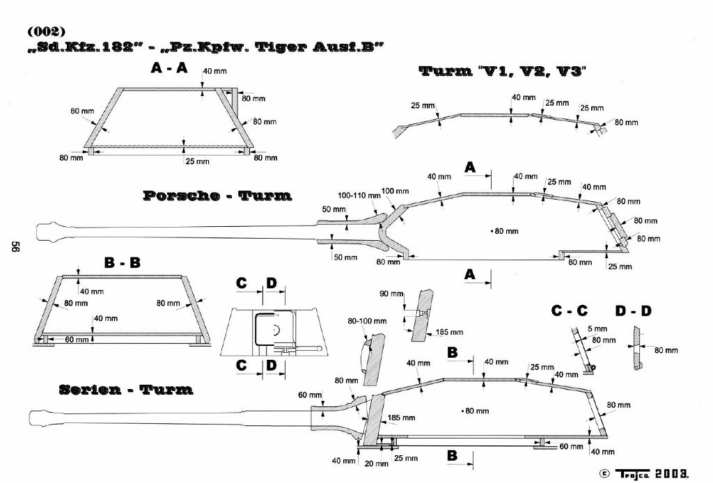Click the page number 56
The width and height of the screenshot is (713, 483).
13,248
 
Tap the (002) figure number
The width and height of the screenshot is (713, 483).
47,31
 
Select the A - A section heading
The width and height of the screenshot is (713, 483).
169,68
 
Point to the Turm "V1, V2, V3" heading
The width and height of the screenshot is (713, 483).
502,71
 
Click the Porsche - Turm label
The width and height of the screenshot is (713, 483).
217,196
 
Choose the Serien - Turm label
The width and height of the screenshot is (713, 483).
126,389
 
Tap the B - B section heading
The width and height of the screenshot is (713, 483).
122,263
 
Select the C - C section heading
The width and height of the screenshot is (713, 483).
570,311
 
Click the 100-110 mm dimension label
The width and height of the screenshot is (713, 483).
359,196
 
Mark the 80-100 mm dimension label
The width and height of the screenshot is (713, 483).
367,322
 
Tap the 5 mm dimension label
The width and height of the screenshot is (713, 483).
597,328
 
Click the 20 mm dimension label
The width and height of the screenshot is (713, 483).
376,464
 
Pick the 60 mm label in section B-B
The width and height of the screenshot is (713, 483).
77,340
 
